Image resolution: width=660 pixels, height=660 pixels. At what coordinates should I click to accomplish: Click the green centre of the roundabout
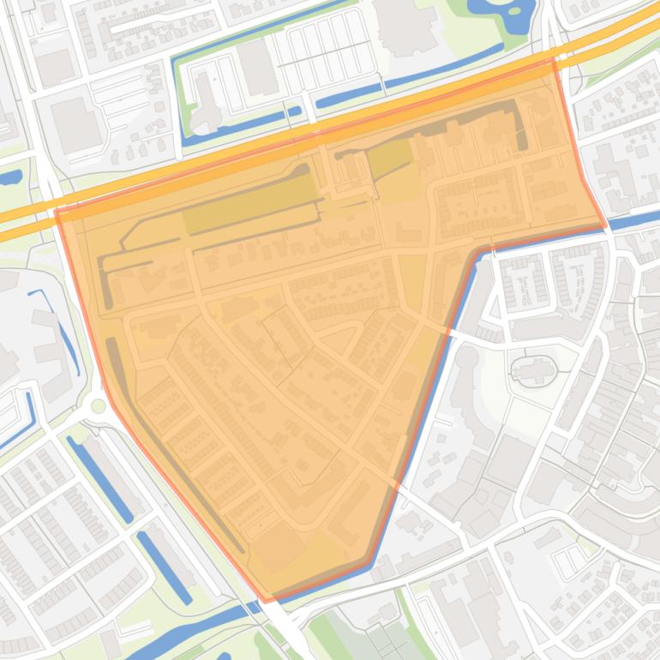coord(99,405)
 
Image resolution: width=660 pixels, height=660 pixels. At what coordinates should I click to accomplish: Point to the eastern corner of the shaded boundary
coord(607,225)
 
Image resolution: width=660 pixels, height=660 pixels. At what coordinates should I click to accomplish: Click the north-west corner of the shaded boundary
coord(57,210)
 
